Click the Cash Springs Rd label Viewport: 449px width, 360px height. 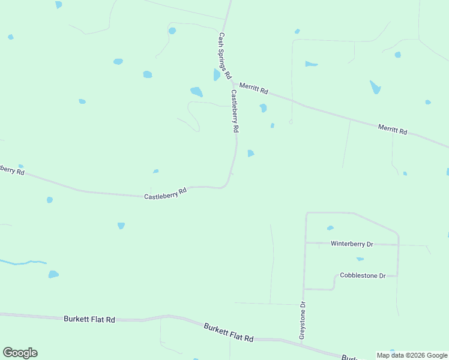click(224, 56)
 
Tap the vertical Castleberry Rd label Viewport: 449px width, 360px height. click(235, 112)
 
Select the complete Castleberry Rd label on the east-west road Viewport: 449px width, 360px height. click(166, 193)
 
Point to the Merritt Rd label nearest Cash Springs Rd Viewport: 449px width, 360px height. click(253, 88)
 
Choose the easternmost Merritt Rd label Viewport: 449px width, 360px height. click(393, 129)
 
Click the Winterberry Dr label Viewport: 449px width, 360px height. click(352, 244)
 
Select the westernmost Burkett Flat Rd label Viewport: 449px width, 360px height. click(89, 319)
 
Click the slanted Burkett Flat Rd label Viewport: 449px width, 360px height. click(228, 332)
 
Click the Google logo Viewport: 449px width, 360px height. click(20, 353)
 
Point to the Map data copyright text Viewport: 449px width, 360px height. click(412, 355)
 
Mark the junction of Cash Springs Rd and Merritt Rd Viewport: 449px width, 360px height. click(232, 82)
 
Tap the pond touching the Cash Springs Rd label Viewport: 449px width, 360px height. click(217, 74)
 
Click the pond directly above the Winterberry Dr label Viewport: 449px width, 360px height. click(330, 228)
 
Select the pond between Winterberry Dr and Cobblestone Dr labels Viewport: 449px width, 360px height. click(360, 259)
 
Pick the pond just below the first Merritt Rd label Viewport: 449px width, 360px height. click(263, 108)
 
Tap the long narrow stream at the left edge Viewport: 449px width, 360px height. click(24, 262)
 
